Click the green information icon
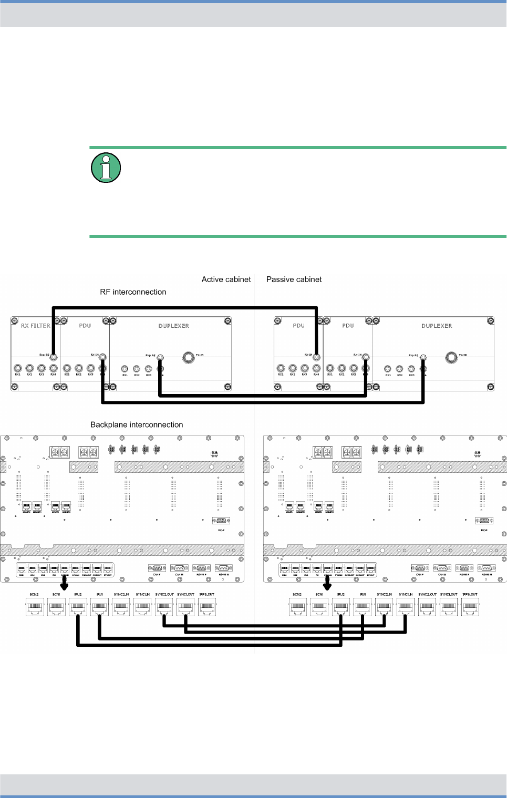106,168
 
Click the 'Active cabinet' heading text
226,279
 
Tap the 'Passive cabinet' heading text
294,279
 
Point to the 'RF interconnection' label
133,292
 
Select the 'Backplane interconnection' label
137,424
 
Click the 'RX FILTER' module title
36,326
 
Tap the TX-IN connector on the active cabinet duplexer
188,358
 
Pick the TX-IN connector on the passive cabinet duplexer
451,358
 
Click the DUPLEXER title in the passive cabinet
437,326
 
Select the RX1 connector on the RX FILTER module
17,368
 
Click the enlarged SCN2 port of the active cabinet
35,607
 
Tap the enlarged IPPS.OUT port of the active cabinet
207,607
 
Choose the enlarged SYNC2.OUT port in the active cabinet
164,607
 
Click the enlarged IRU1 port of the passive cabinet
363,607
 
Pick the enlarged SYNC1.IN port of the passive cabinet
405,607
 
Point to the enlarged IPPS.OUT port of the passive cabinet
470,607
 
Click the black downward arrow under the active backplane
65,584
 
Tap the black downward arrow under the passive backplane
327,584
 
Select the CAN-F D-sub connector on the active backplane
157,568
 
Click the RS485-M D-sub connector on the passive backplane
487,568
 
